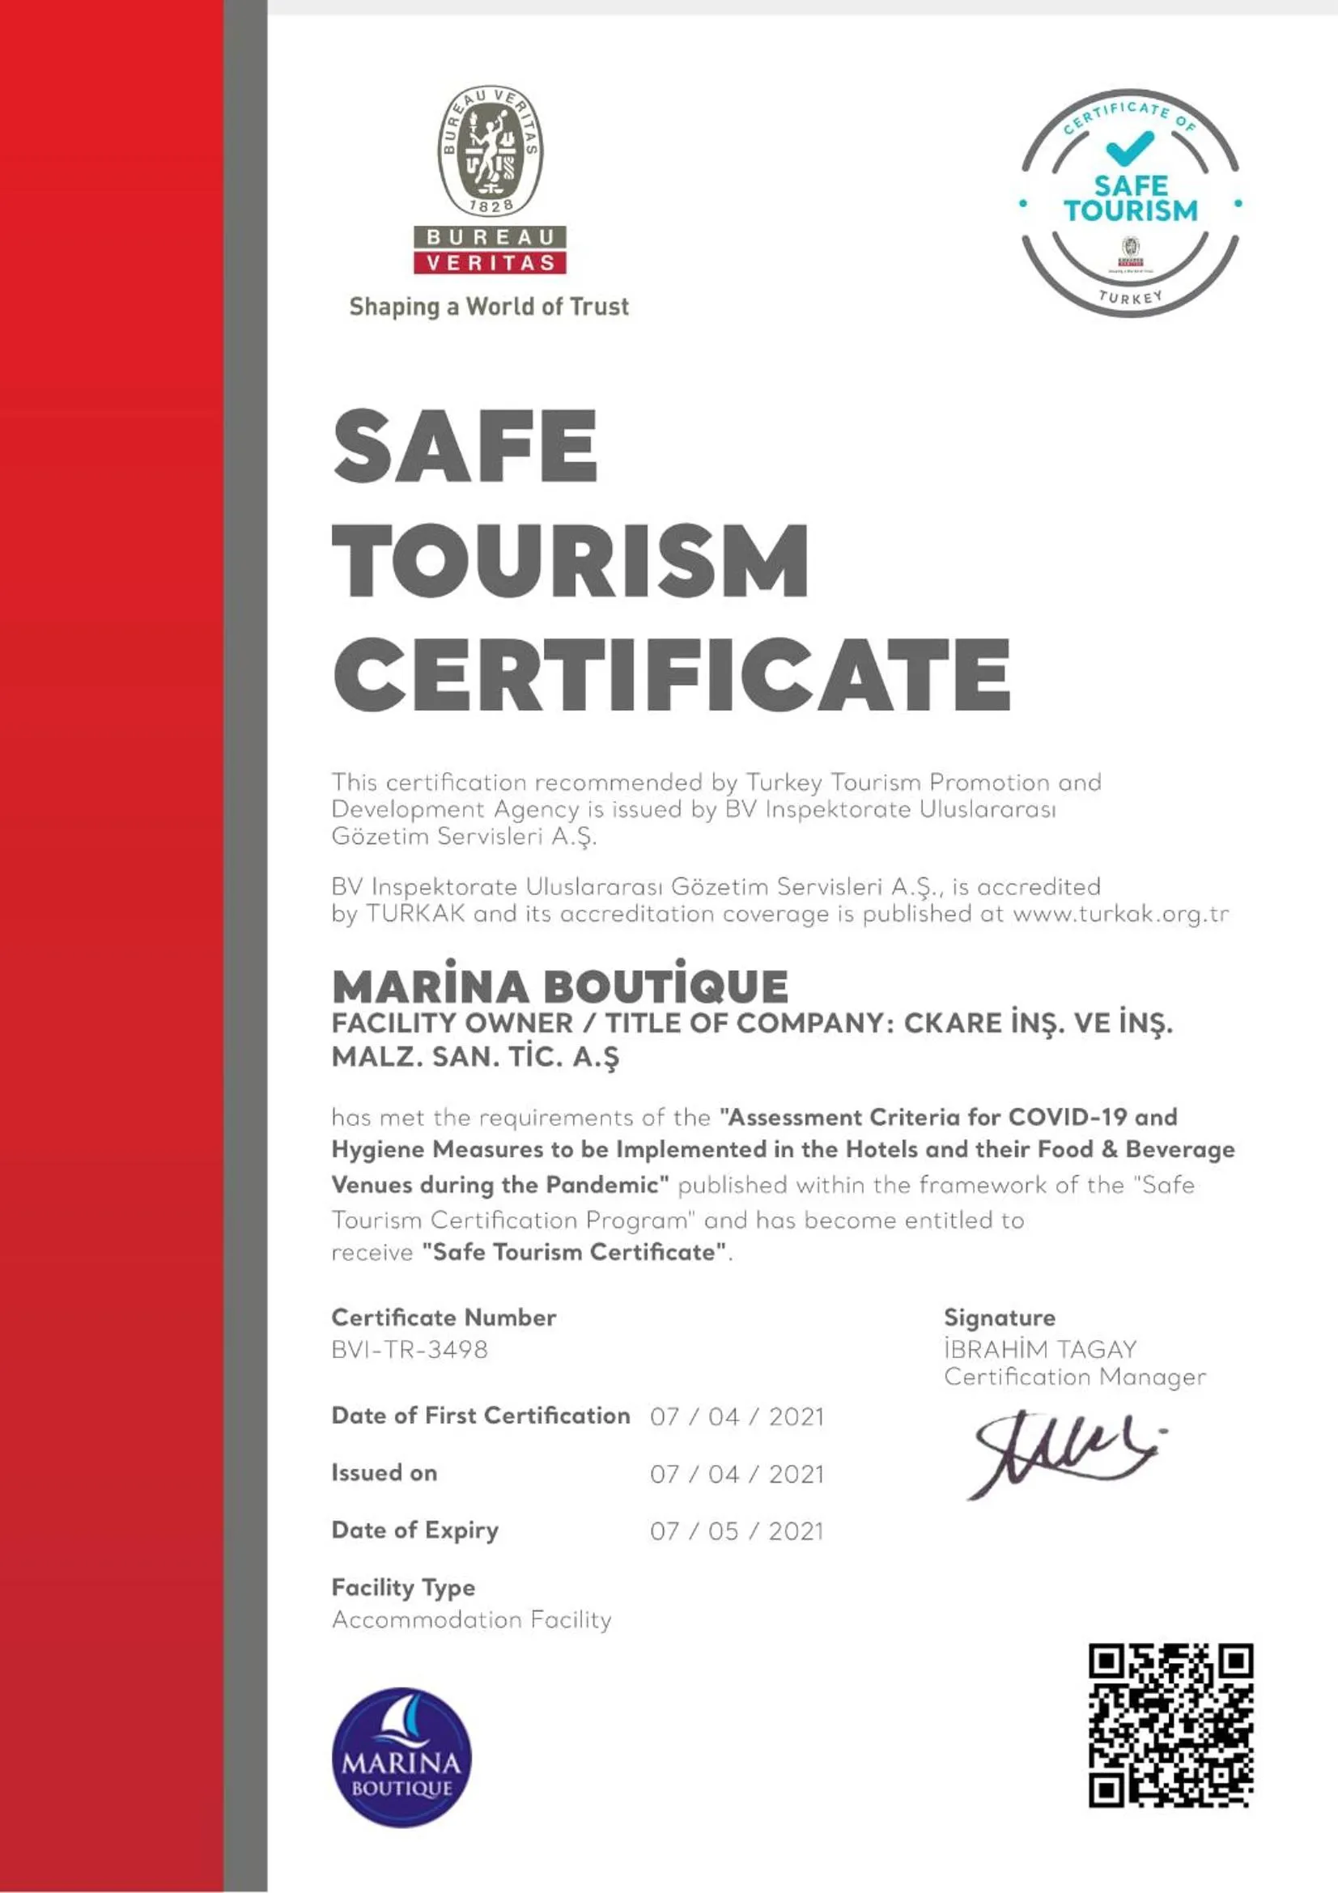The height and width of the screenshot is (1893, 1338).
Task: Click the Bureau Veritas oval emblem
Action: pyautogui.click(x=490, y=150)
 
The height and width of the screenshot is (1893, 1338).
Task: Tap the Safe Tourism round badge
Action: pyautogui.click(x=1129, y=203)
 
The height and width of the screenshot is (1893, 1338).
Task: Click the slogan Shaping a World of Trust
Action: pyautogui.click(x=489, y=307)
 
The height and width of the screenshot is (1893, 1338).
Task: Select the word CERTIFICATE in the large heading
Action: pyautogui.click(x=671, y=675)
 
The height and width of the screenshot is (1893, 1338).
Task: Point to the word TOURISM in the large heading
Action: pyautogui.click(x=571, y=561)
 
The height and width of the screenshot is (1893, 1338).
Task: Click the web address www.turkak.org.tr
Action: pyautogui.click(x=1120, y=915)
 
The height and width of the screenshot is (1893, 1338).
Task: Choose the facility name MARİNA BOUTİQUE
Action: pyautogui.click(x=560, y=986)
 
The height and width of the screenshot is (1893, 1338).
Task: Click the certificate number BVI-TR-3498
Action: pyautogui.click(x=410, y=1350)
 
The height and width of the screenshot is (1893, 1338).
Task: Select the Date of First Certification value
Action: pyautogui.click(x=737, y=1416)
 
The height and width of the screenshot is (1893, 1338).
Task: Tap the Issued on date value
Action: pyautogui.click(x=737, y=1473)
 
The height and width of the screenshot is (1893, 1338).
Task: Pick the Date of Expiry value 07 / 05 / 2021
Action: pyautogui.click(x=737, y=1531)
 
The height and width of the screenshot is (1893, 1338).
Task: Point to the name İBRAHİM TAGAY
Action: pyautogui.click(x=1039, y=1350)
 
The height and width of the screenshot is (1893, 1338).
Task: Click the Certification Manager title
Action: pyautogui.click(x=1074, y=1377)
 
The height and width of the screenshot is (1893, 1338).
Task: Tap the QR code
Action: pyautogui.click(x=1170, y=1726)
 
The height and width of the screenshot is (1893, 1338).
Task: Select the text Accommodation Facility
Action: pyautogui.click(x=472, y=1620)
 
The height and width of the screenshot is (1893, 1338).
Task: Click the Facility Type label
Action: pyautogui.click(x=403, y=1587)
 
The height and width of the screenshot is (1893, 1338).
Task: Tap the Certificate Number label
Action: pyautogui.click(x=444, y=1318)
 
